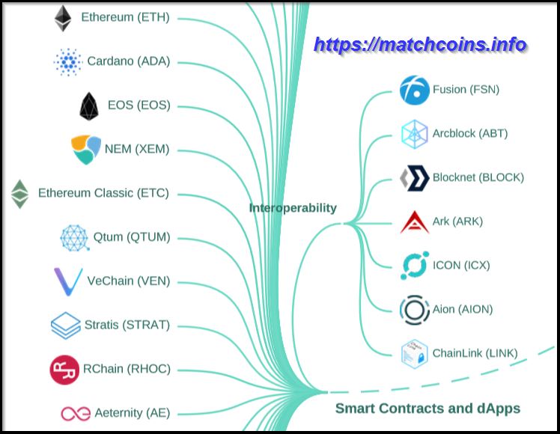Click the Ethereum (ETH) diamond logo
pyautogui.click(x=62, y=18)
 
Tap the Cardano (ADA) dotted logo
pyautogui.click(x=68, y=61)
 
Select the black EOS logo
pyautogui.click(x=89, y=106)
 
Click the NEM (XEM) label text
pyautogui.click(x=137, y=149)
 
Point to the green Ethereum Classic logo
pyautogui.click(x=19, y=194)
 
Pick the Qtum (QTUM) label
pyautogui.click(x=132, y=237)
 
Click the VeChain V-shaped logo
pyautogui.click(x=67, y=281)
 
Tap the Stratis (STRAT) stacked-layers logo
pyautogui.click(x=65, y=325)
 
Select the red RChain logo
pyautogui.click(x=64, y=370)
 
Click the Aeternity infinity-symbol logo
pyautogui.click(x=75, y=413)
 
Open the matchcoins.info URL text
pyautogui.click(x=419, y=44)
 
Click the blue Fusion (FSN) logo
pyautogui.click(x=413, y=90)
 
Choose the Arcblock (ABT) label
pyautogui.click(x=469, y=133)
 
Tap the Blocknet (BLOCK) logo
pyautogui.click(x=413, y=178)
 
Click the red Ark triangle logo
pyautogui.click(x=413, y=221)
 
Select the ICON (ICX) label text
pyautogui.click(x=461, y=265)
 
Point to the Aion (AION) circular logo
pyautogui.click(x=413, y=309)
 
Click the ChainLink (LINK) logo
pyautogui.click(x=413, y=353)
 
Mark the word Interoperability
pyautogui.click(x=293, y=208)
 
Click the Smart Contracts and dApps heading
pyautogui.click(x=427, y=409)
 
